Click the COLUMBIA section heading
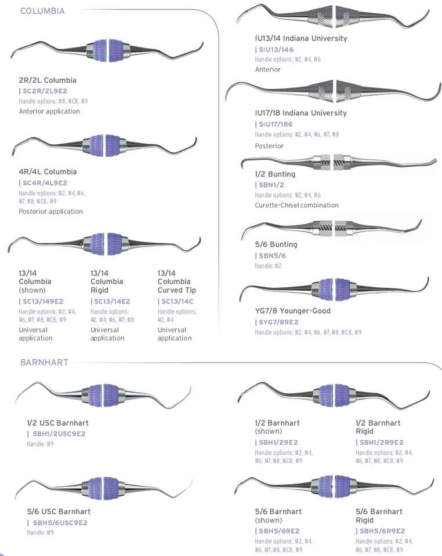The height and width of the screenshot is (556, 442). pos(42,10)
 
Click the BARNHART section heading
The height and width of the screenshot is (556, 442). pos(44,363)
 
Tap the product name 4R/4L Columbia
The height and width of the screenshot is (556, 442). pos(48,172)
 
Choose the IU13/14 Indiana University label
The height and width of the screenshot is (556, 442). pos(300,38)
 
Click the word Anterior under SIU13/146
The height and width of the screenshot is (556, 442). pos(267,69)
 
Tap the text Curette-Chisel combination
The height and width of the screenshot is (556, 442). pos(296,205)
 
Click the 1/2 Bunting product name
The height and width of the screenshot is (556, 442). pos(275,174)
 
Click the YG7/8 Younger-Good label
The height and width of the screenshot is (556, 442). pos(292,310)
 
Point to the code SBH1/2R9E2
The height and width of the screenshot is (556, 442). pos(381,442)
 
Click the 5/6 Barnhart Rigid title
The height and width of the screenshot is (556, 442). pos(379,515)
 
